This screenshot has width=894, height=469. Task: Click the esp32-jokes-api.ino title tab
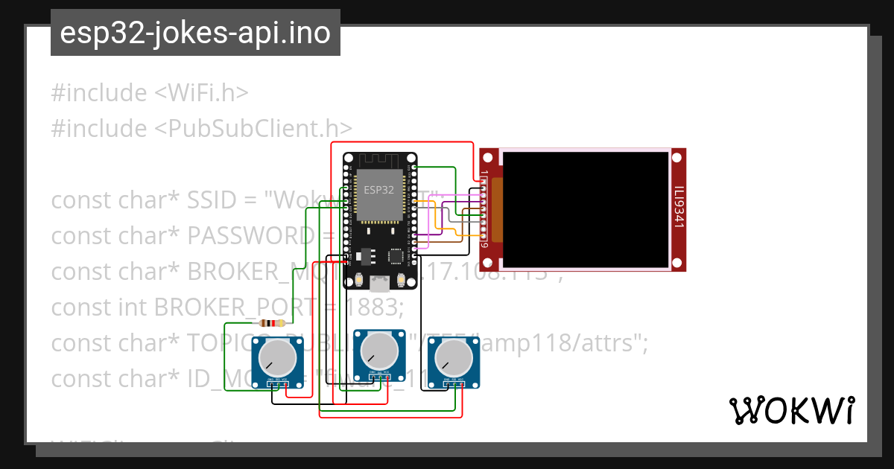coord(195,33)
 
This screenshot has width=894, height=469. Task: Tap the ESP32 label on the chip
coord(378,190)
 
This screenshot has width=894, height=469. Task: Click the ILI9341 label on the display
coord(678,208)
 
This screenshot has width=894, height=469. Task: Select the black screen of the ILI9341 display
coord(586,208)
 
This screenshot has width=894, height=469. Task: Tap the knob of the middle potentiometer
coord(378,352)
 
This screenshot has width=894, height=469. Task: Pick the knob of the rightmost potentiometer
coord(454,360)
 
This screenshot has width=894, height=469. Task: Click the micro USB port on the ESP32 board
coord(380,284)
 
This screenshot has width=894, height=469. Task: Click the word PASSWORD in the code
coord(250,236)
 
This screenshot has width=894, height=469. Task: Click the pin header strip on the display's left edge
coord(485,209)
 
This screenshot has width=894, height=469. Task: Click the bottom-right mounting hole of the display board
coord(676,262)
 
